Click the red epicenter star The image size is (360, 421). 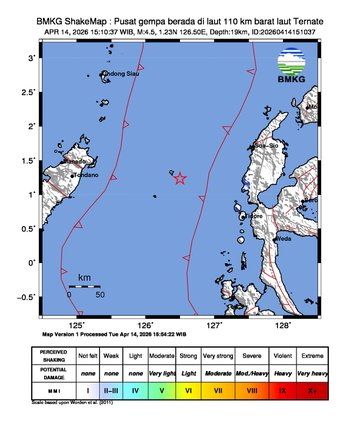pos(180,178)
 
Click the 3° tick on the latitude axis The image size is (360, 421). pos(36,59)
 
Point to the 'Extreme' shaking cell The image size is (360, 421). pos(319,354)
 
